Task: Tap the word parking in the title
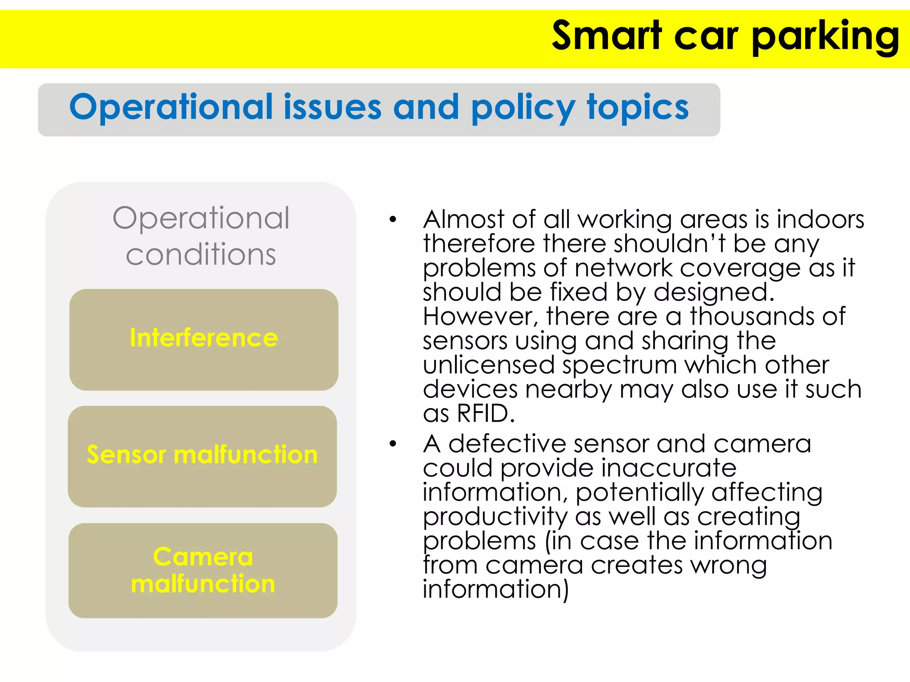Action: (x=826, y=36)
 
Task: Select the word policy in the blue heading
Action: (x=523, y=108)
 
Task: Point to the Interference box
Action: (x=204, y=339)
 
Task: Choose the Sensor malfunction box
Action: (x=202, y=456)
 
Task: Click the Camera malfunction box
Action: (x=203, y=570)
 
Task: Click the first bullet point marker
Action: (x=392, y=219)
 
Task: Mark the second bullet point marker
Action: (x=392, y=444)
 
